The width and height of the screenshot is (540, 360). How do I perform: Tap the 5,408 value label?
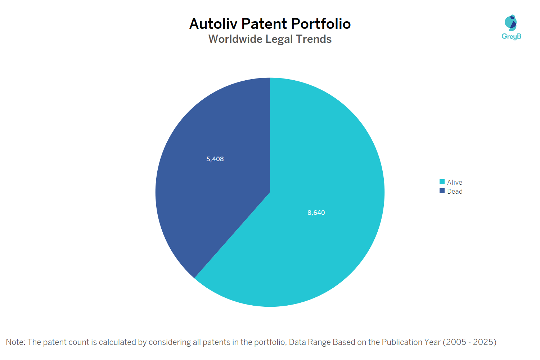pos(215,159)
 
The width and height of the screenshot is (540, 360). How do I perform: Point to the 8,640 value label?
pos(316,213)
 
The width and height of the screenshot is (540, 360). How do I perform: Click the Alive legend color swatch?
pos(442,182)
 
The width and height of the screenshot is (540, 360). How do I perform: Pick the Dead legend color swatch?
pos(442,191)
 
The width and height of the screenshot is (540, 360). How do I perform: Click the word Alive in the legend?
pos(455,183)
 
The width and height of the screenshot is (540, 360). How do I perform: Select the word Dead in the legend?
pos(455,192)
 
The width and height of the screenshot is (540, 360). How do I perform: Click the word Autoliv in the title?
pos(213,24)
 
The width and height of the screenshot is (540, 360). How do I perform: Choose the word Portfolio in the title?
pos(321,24)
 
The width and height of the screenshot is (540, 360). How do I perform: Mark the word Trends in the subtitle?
pos(314,39)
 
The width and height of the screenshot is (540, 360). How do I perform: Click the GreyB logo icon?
pos(511,23)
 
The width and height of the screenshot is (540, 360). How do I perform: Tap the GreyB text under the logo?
pos(511,36)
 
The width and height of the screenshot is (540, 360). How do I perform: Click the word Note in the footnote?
pos(15,342)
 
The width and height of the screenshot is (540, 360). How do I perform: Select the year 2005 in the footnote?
pos(456,342)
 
